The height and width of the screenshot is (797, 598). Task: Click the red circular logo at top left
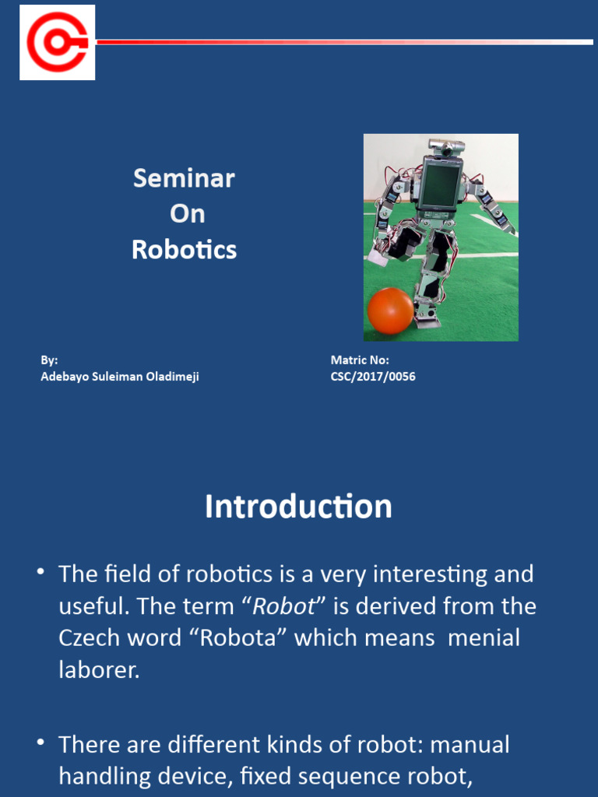(x=58, y=42)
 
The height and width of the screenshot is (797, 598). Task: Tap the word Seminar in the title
(x=184, y=178)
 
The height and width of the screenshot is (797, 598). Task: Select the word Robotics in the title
(x=184, y=250)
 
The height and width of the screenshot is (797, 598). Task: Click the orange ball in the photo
(x=390, y=311)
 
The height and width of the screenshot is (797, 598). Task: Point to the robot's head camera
(x=446, y=148)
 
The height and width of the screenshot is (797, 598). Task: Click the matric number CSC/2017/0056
(x=373, y=377)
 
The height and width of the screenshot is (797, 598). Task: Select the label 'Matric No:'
(x=360, y=360)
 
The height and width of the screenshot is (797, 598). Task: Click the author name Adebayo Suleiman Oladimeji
(x=119, y=377)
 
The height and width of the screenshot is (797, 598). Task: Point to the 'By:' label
(x=49, y=360)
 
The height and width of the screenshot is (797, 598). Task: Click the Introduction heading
(x=298, y=507)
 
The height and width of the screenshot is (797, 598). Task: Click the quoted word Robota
(x=244, y=638)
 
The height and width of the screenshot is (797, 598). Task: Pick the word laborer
(x=99, y=670)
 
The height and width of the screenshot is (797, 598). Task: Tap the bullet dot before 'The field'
(x=40, y=574)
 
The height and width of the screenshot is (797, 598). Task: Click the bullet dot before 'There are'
(x=40, y=744)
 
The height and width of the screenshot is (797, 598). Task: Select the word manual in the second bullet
(x=470, y=745)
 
